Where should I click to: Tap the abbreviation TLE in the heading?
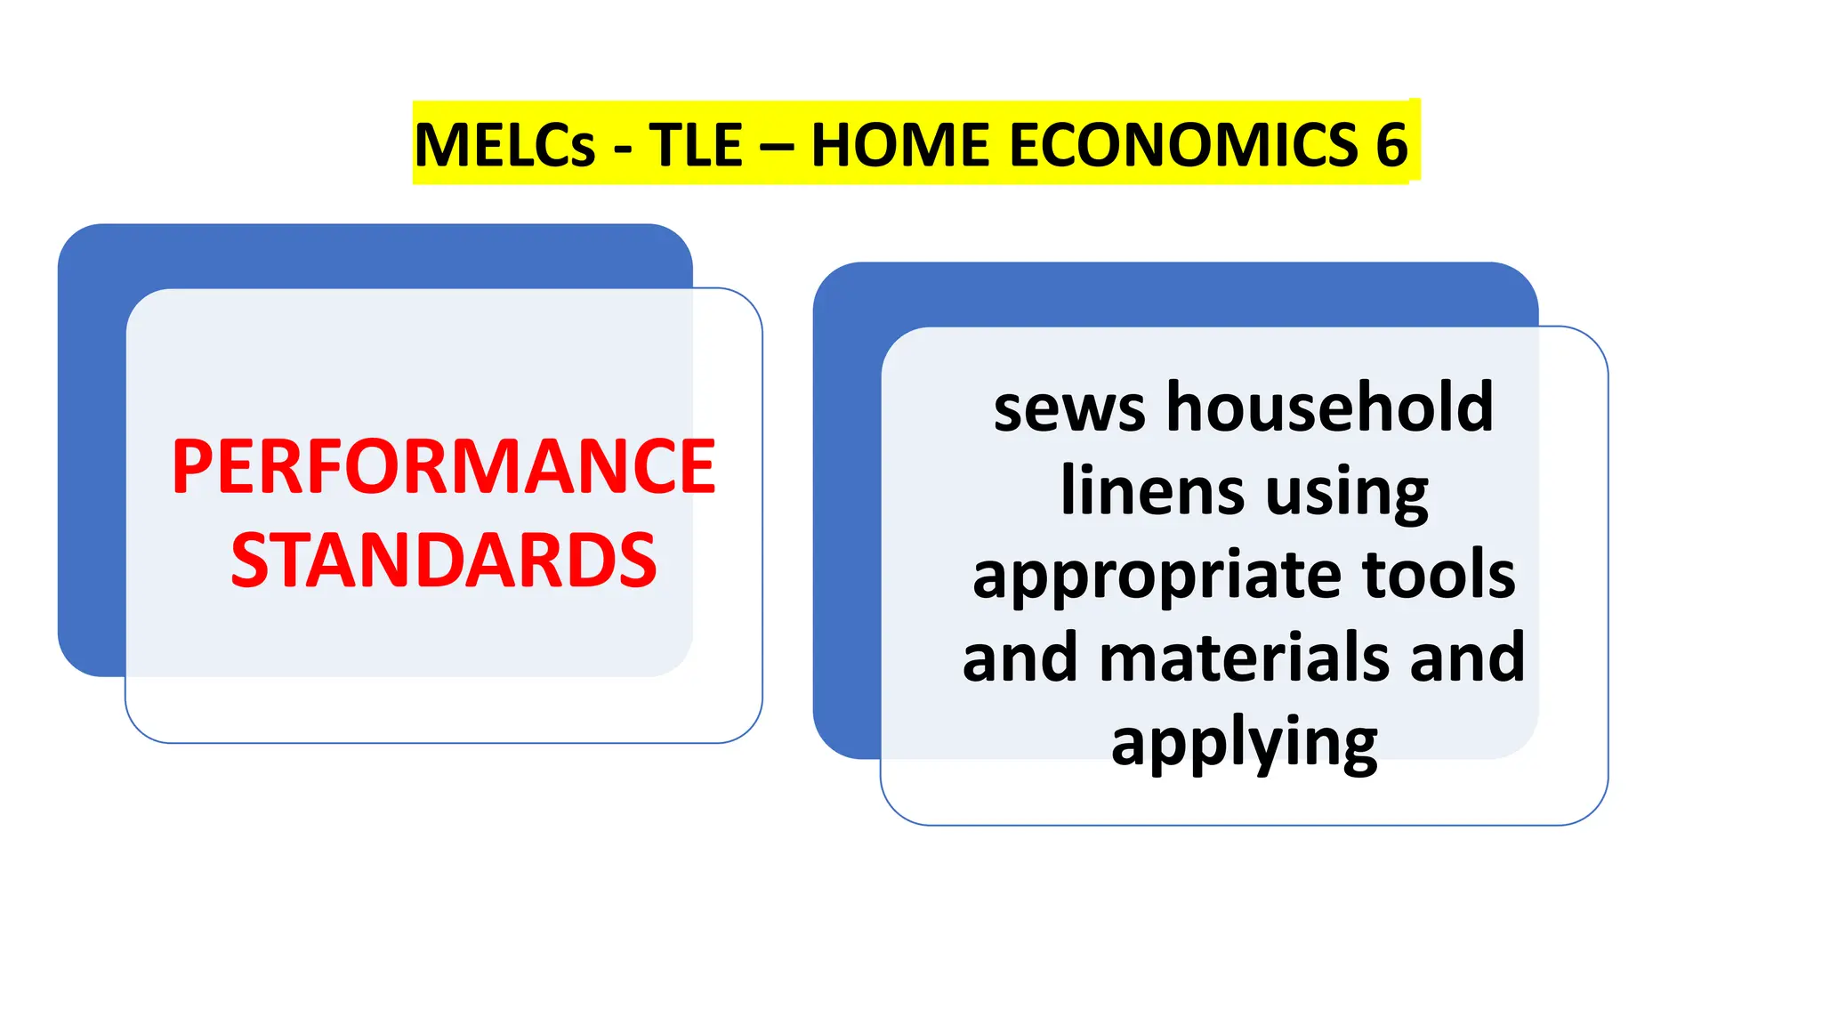click(x=696, y=145)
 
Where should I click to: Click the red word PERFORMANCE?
click(x=443, y=466)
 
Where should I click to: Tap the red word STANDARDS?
click(x=443, y=561)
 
